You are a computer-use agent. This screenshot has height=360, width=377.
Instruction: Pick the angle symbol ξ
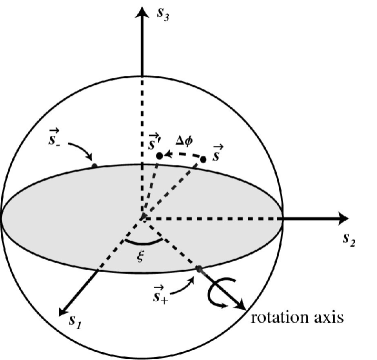click(140, 257)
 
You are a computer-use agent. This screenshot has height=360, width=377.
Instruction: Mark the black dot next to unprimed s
click(203, 157)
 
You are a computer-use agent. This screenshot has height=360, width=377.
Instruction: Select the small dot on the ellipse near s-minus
click(95, 166)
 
